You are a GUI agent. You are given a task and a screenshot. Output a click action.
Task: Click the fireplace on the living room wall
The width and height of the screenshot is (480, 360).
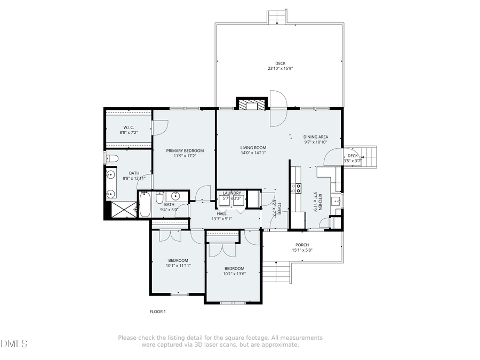[251, 104]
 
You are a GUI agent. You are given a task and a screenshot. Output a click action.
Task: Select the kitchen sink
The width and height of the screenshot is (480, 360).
[335, 201]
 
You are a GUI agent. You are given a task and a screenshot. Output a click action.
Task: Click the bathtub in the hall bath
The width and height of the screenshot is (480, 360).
[145, 205]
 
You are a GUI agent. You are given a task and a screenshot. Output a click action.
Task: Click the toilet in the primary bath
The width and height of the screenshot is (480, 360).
[111, 158]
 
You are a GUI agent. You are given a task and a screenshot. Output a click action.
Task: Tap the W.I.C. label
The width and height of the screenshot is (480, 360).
[126, 127]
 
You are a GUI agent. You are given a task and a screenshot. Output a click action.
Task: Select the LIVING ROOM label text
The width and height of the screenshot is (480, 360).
[253, 148]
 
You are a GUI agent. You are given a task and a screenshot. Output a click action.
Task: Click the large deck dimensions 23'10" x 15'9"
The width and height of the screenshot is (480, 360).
[280, 69]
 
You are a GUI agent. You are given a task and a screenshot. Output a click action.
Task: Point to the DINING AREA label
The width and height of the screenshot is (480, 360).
[316, 137]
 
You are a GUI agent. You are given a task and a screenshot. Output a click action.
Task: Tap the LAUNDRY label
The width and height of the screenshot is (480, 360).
[232, 193]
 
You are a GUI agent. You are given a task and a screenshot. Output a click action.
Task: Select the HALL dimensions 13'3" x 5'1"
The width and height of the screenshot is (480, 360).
[221, 219]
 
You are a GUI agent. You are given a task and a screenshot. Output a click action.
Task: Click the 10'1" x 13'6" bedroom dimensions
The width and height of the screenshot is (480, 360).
[234, 274]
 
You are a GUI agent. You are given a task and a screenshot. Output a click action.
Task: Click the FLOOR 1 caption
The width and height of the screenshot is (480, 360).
[157, 311]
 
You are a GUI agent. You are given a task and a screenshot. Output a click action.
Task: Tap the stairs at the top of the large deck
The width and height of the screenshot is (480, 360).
[277, 17]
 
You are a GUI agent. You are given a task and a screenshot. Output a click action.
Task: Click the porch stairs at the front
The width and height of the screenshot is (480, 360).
[277, 274]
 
